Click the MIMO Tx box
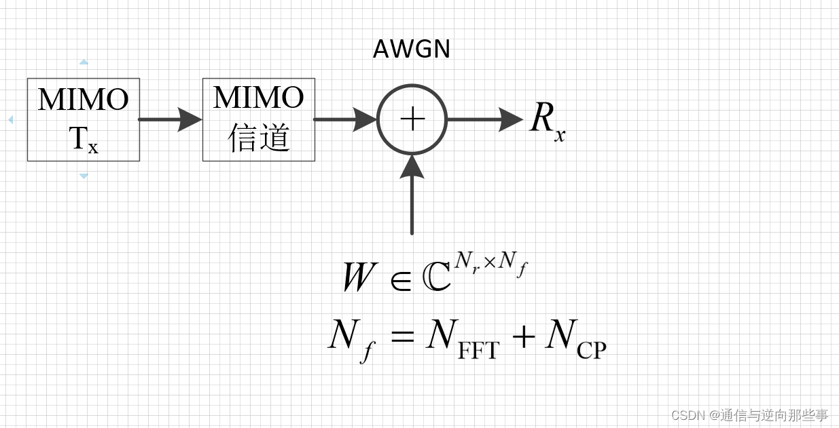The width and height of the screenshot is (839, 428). tap(83, 119)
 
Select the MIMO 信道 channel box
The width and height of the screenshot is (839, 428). tap(258, 119)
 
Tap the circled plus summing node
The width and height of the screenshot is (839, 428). tap(412, 119)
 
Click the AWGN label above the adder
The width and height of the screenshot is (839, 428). tap(412, 50)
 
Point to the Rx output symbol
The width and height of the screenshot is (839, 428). tap(546, 121)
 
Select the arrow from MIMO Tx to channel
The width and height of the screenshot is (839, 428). tap(171, 119)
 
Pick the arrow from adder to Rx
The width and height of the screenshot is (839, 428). tap(484, 119)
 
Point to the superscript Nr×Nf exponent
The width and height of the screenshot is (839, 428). tap(491, 262)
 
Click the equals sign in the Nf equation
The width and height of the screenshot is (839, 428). tap(402, 336)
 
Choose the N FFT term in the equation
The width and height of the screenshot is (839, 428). tap(462, 338)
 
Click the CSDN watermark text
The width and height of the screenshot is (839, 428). tap(749, 415)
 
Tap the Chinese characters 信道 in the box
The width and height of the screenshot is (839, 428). tap(259, 138)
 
